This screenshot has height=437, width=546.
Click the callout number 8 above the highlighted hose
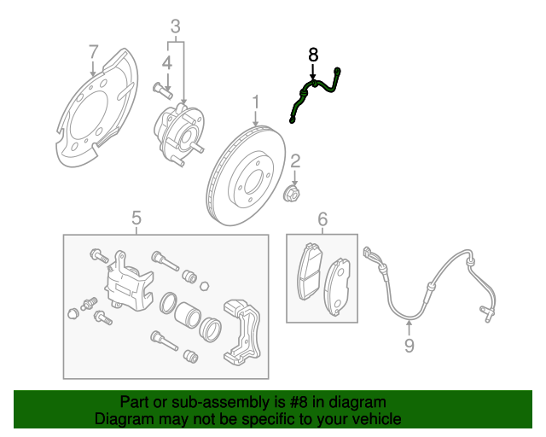[312, 54]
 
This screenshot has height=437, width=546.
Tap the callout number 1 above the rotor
[255, 104]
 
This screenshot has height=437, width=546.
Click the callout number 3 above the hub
[176, 26]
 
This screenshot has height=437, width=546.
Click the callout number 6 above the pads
[322, 221]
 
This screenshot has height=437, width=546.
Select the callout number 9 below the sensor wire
[409, 345]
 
